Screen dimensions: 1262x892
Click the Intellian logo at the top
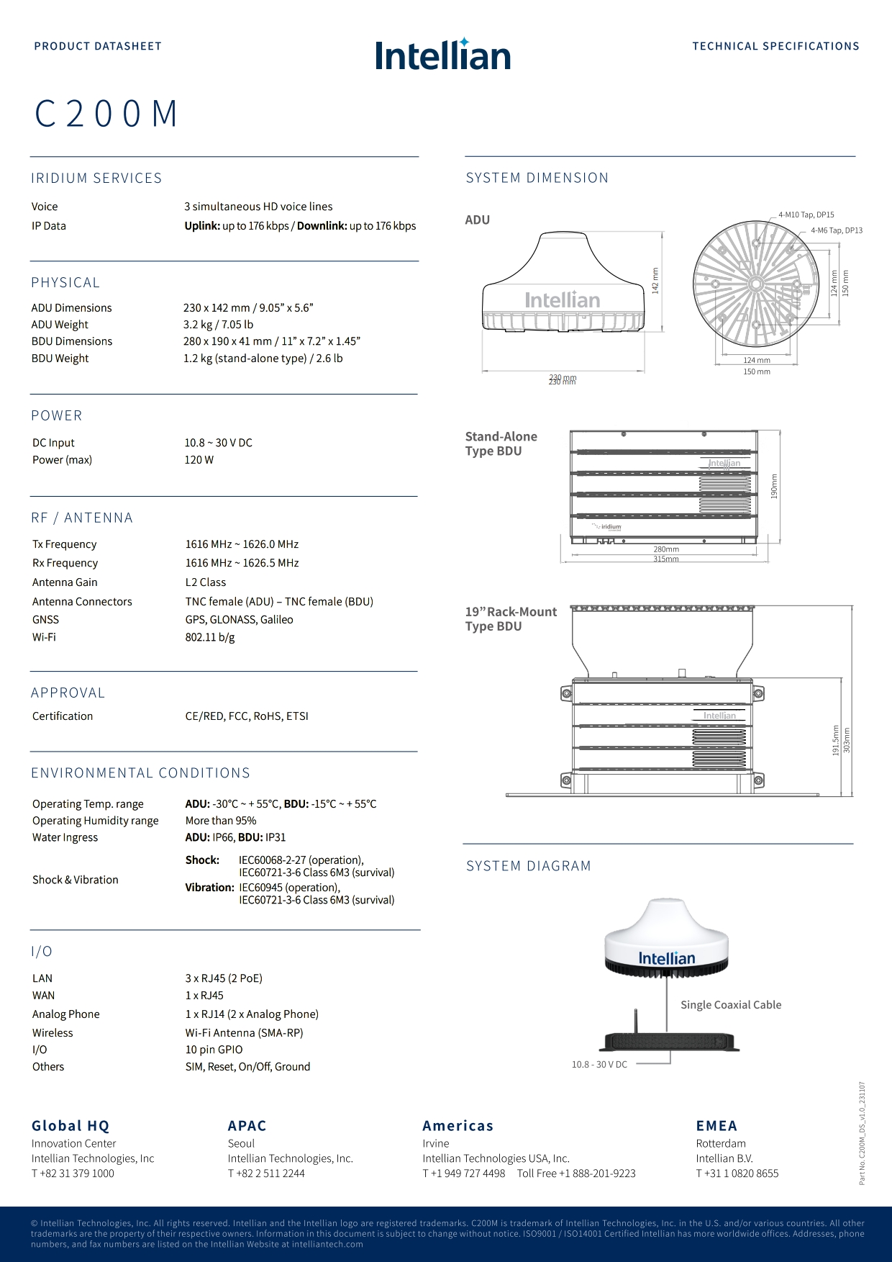click(442, 55)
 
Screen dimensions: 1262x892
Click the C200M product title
click(106, 114)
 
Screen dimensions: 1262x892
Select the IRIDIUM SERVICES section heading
click(96, 178)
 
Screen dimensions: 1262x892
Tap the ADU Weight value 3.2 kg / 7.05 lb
click(218, 325)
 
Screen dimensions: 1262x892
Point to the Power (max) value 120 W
click(199, 460)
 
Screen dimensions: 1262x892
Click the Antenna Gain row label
click(65, 582)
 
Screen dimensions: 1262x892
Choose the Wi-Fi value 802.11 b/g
click(210, 637)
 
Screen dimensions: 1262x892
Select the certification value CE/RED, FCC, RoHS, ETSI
click(247, 716)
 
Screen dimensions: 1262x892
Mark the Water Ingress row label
click(65, 837)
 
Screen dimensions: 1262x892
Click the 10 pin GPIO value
click(214, 1050)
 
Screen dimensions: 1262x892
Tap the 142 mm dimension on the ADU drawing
click(655, 280)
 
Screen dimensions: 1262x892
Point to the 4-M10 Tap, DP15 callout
click(806, 215)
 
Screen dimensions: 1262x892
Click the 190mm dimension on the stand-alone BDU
click(774, 486)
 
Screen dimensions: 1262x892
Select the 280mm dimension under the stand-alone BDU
click(666, 549)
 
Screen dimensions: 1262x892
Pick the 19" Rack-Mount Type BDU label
click(511, 619)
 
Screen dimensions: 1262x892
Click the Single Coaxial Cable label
click(731, 1005)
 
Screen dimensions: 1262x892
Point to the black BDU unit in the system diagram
click(669, 1041)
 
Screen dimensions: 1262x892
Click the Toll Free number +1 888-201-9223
click(576, 1173)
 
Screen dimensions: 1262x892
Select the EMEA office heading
click(716, 1126)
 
